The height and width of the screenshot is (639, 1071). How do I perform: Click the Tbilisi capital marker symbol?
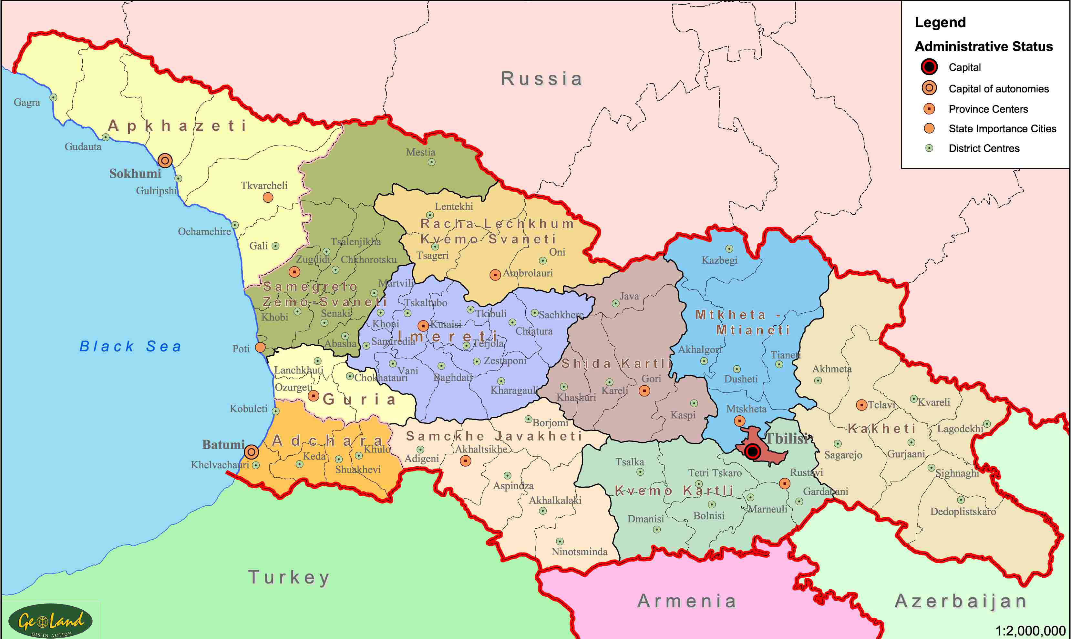tap(753, 452)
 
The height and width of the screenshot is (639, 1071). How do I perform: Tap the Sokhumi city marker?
tap(165, 161)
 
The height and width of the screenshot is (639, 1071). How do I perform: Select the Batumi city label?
tap(223, 444)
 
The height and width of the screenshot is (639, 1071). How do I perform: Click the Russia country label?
tap(541, 79)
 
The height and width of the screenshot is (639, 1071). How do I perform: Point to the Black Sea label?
tap(130, 346)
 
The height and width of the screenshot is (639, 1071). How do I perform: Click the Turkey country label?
tap(289, 577)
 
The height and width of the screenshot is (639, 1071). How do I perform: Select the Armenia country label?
tap(687, 601)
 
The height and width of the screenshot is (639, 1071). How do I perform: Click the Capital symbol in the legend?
tap(929, 67)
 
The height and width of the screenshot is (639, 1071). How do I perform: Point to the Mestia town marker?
tap(431, 162)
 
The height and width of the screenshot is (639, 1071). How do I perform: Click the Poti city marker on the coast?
tap(260, 347)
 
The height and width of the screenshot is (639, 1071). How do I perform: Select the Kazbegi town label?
tap(719, 260)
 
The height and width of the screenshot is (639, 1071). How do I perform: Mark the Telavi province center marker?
tap(861, 405)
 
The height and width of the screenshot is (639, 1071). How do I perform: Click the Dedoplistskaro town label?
tap(963, 512)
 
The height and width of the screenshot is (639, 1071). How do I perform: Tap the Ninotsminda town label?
tap(580, 552)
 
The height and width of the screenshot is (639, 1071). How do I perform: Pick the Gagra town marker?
tap(53, 97)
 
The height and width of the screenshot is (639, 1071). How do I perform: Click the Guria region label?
tap(359, 399)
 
